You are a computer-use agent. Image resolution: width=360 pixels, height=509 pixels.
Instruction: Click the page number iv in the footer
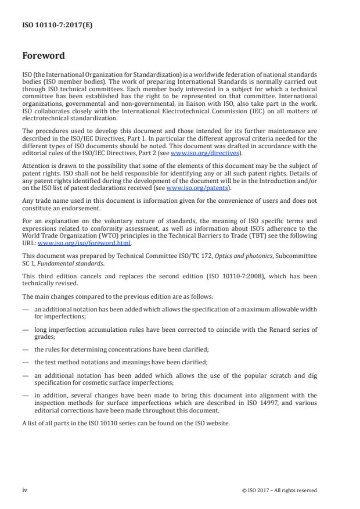tap(25, 490)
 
